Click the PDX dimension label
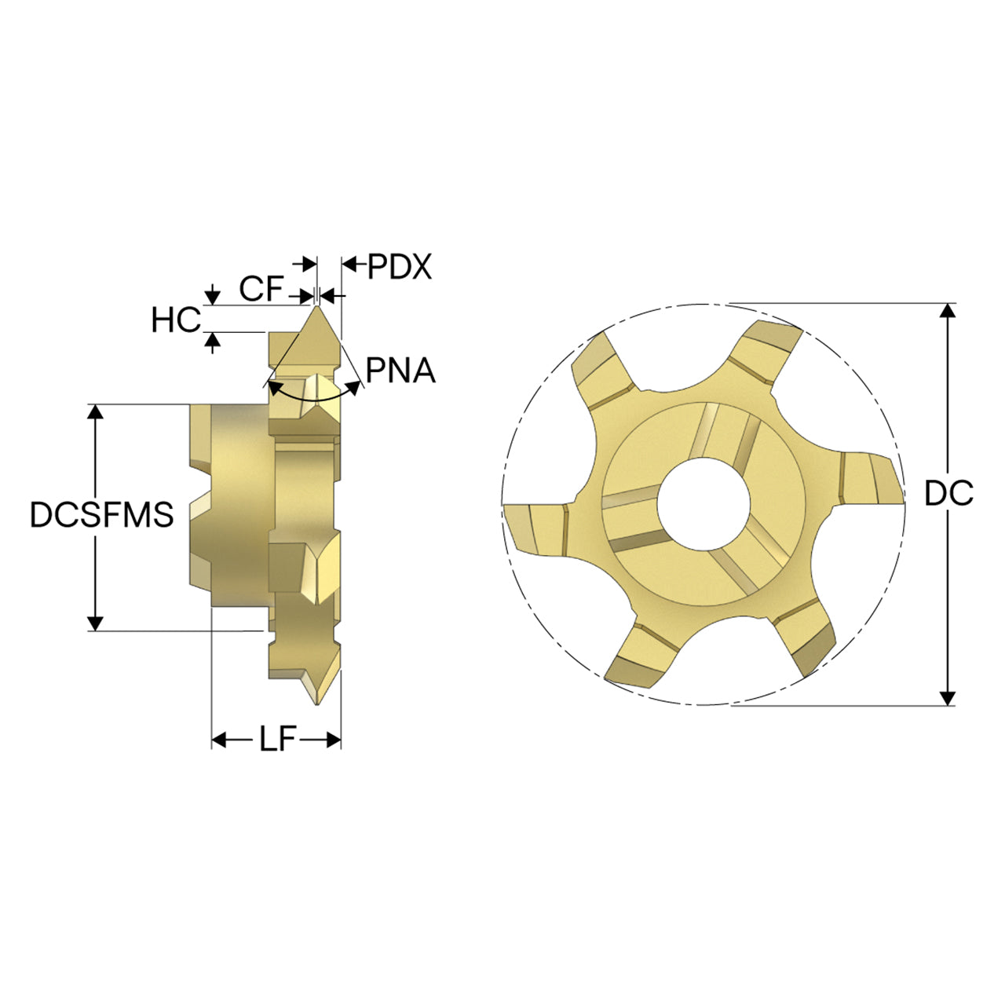point(400,266)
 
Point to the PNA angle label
point(400,371)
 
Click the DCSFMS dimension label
point(102,514)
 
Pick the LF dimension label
point(277,739)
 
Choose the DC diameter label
point(948,493)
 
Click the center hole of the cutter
point(703,504)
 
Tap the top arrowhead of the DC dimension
point(947,311)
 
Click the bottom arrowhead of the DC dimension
point(947,698)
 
